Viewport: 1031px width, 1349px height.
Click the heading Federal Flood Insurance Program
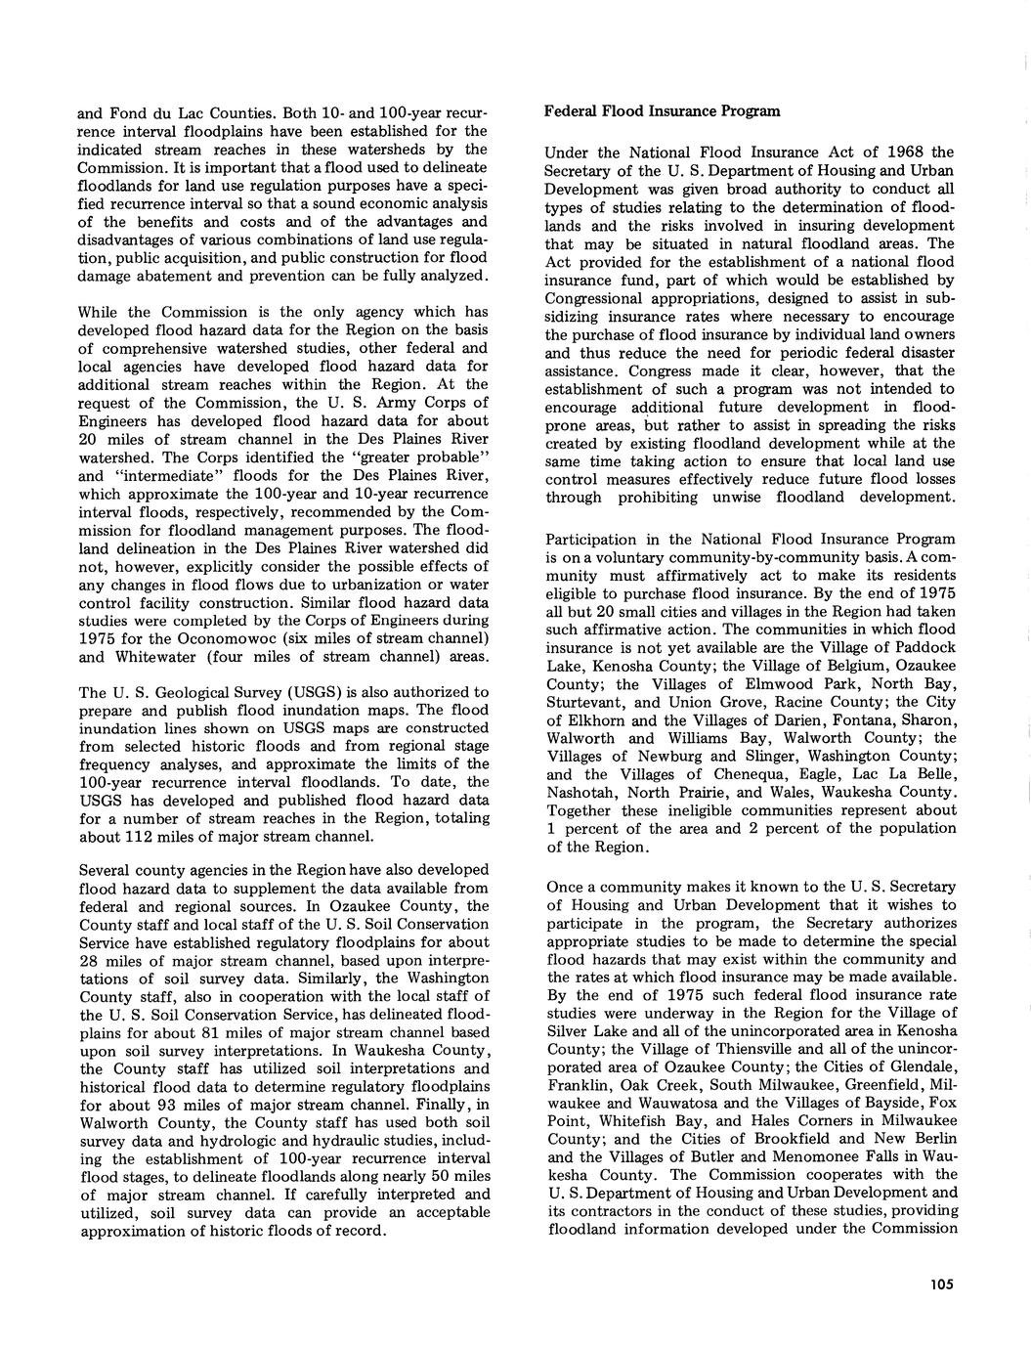tap(662, 110)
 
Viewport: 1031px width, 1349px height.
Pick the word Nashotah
tap(580, 792)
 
